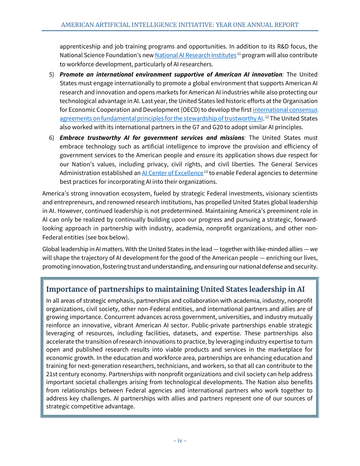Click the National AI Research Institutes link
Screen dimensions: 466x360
click(x=196, y=55)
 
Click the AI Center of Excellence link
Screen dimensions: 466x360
click(x=172, y=173)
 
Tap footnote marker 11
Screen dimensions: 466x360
click(x=239, y=54)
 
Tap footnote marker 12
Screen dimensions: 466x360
click(x=267, y=117)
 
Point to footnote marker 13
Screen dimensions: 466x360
click(x=206, y=172)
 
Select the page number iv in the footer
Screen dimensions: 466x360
click(x=180, y=441)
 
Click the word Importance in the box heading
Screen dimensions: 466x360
click(x=66, y=289)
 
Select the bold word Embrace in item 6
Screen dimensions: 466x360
click(x=72, y=138)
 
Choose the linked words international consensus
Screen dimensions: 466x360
click(x=285, y=110)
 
